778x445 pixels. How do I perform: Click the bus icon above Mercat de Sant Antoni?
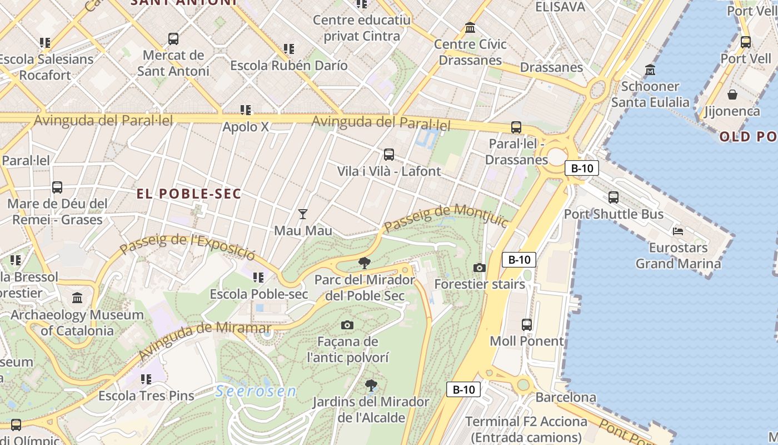click(x=173, y=39)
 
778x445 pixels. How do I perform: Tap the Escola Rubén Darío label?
click(x=288, y=65)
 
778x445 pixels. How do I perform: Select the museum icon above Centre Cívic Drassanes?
click(x=470, y=27)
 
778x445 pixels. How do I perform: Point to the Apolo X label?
click(x=245, y=127)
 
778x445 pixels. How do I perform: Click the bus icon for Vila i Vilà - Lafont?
click(x=389, y=155)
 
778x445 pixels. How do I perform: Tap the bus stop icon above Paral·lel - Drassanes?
click(x=516, y=127)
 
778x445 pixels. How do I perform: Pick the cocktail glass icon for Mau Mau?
click(x=303, y=214)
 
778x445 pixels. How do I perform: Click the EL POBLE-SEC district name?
click(x=189, y=194)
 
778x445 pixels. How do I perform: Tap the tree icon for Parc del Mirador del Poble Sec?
click(x=365, y=263)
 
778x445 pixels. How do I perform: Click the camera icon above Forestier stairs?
click(x=479, y=268)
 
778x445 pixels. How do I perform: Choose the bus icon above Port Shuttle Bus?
click(x=614, y=197)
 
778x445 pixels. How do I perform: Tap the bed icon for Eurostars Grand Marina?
click(x=677, y=231)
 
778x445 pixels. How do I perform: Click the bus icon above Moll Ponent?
click(x=526, y=325)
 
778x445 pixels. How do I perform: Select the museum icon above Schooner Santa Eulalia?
click(x=650, y=70)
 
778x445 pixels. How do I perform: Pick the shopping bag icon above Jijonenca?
click(x=732, y=95)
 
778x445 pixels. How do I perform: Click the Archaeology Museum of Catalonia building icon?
click(x=77, y=298)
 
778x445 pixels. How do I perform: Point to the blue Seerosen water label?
click(x=256, y=391)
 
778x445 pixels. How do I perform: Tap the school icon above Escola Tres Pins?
click(x=146, y=379)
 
